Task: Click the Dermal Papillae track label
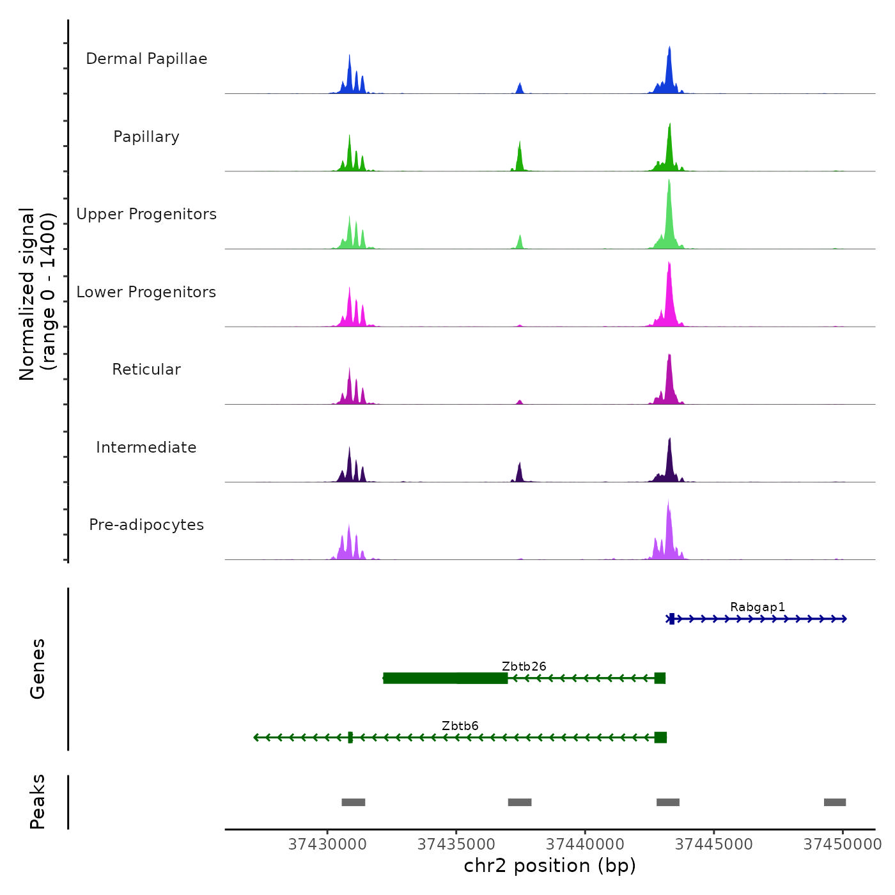pos(146,59)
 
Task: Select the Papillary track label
pos(146,137)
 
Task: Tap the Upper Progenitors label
pos(146,214)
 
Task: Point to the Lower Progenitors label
pos(146,292)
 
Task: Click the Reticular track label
pos(146,370)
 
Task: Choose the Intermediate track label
pos(146,447)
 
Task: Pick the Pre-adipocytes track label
pos(146,525)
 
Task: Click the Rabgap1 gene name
pos(758,607)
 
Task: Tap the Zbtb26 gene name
pos(524,667)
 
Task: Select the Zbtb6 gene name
pos(460,726)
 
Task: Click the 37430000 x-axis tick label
pos(328,844)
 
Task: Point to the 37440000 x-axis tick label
pos(586,844)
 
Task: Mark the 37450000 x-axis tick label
pos(843,844)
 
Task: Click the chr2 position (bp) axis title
pos(550,866)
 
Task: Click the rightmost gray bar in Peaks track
pos(835,802)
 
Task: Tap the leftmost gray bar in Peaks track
pos(354,802)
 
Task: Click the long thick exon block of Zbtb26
pos(446,678)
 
